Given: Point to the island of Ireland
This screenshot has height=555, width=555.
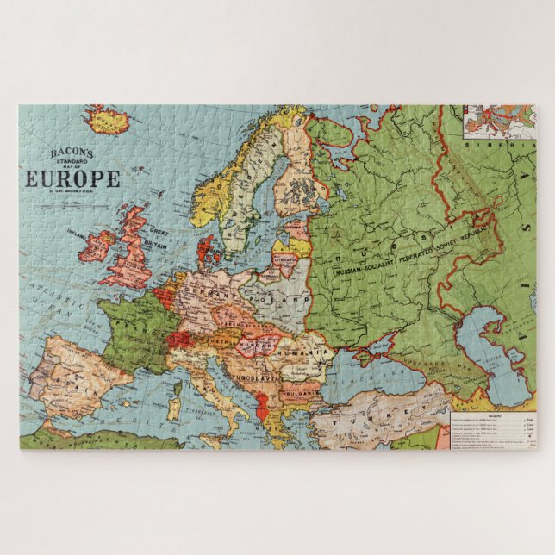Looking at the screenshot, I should tap(97, 247).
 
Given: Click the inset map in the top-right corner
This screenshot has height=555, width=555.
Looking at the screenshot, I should tap(498, 122).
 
